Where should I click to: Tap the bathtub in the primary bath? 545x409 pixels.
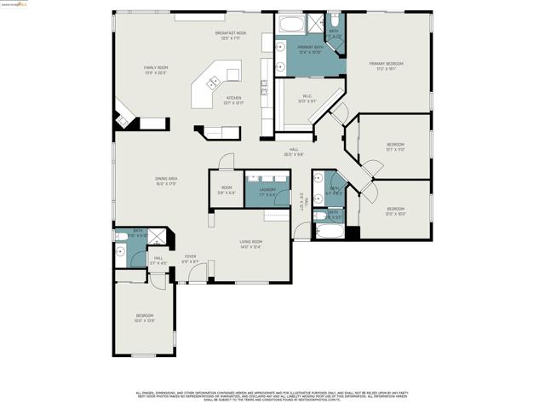[x=290, y=23]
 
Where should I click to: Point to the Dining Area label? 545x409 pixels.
[x=166, y=181]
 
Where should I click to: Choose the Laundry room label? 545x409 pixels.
[x=255, y=192]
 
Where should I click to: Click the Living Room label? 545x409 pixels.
[x=250, y=244]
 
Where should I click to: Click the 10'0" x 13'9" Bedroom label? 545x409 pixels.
[x=144, y=318]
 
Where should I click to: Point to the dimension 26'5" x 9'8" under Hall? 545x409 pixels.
[x=293, y=155]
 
